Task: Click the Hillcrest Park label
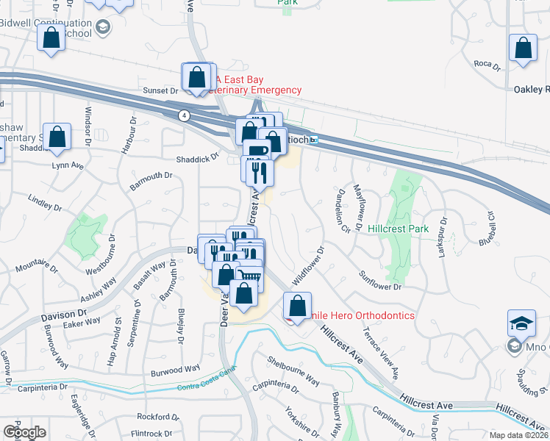(398, 229)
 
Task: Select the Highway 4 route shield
(182, 115)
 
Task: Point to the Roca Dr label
(487, 65)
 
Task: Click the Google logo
(24, 431)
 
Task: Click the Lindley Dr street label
(41, 200)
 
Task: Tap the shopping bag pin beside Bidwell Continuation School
(51, 38)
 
